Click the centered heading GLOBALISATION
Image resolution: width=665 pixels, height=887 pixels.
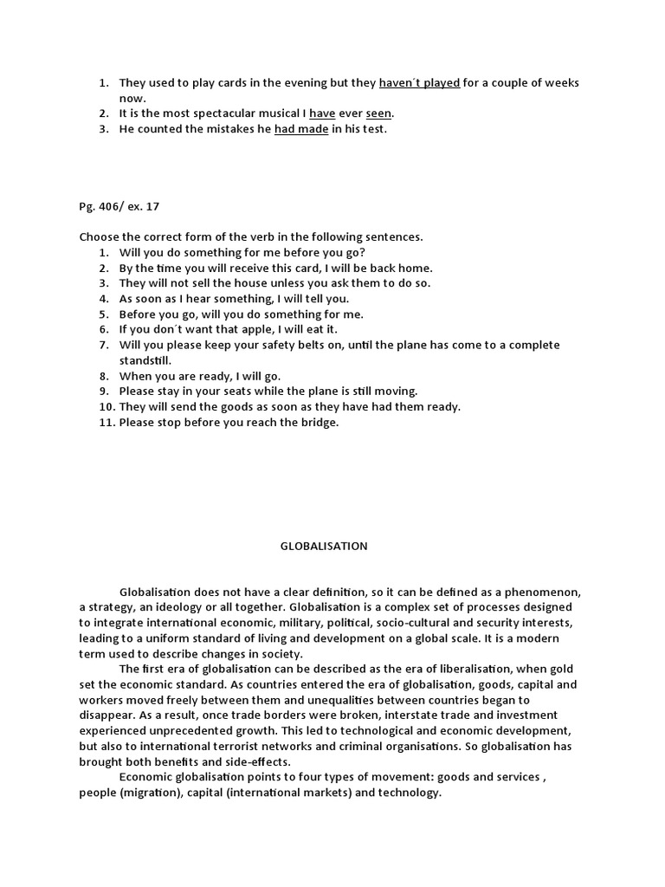pos(324,546)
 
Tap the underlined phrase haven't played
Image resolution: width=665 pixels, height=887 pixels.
pos(419,83)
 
